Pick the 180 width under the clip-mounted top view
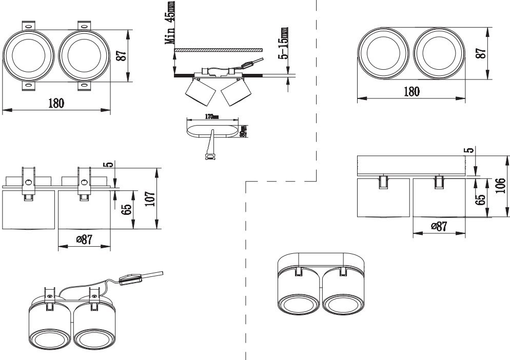coord(56,103)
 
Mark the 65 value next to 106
coord(481,199)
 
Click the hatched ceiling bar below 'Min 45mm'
coord(219,50)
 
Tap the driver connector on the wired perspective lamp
coord(131,279)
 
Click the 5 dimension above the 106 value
coord(467,151)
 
